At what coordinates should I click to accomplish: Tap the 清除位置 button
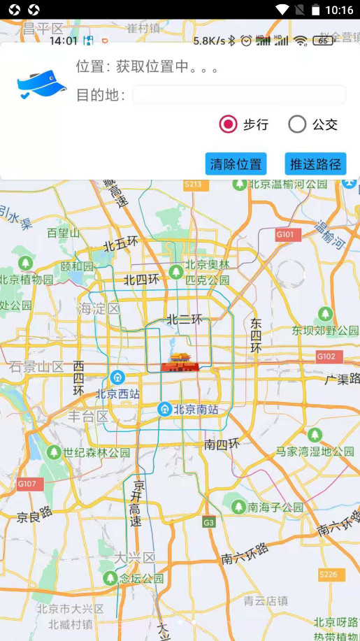(x=236, y=164)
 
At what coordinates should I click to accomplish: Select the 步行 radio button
(x=229, y=124)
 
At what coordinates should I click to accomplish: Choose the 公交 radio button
(x=297, y=124)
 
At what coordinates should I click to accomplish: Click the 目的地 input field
(x=239, y=95)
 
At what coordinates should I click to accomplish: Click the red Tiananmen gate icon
(x=180, y=363)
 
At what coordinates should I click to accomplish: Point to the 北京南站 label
(x=195, y=409)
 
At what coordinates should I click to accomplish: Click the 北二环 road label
(x=184, y=319)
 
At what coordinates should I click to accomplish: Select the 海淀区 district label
(x=100, y=308)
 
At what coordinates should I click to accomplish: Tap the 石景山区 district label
(x=36, y=366)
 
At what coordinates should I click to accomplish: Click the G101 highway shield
(x=287, y=234)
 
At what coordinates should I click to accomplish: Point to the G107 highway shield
(x=30, y=484)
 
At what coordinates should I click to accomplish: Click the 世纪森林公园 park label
(x=96, y=452)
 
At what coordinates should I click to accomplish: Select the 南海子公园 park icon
(x=238, y=507)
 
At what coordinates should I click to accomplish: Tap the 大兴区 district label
(x=135, y=558)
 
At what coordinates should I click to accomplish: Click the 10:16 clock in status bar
(x=339, y=10)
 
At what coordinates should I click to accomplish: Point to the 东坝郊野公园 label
(x=325, y=330)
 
